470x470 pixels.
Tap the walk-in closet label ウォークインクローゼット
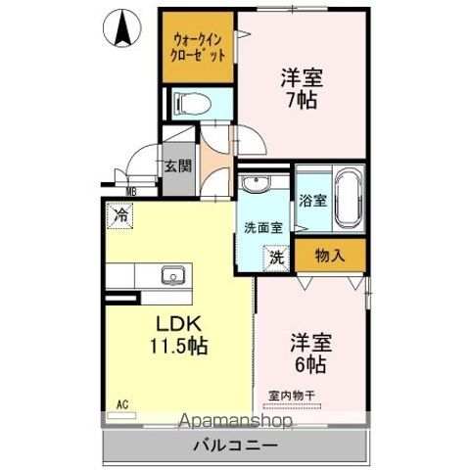coord(199,47)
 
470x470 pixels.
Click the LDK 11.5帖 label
coord(177,335)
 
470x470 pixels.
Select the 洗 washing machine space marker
coord(277,257)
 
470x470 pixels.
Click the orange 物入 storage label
coord(330,256)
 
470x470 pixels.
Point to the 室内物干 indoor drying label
coord(292,394)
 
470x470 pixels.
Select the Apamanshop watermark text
coord(235,422)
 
